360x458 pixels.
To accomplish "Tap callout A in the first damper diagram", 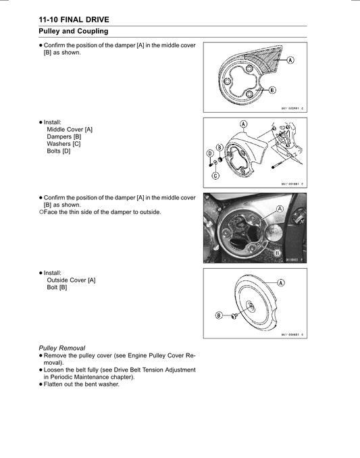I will [290, 60].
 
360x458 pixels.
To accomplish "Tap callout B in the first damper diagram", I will [272, 90].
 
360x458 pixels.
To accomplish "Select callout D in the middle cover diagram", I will [209, 153].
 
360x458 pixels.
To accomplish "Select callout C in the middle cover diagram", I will [215, 176].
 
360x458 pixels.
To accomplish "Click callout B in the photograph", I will [277, 252].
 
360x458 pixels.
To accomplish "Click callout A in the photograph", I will [277, 209].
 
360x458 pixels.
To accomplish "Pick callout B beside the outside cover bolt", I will [219, 315].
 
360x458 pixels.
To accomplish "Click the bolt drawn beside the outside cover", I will [233, 315].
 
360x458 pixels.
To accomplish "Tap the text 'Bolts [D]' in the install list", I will [58, 151].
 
